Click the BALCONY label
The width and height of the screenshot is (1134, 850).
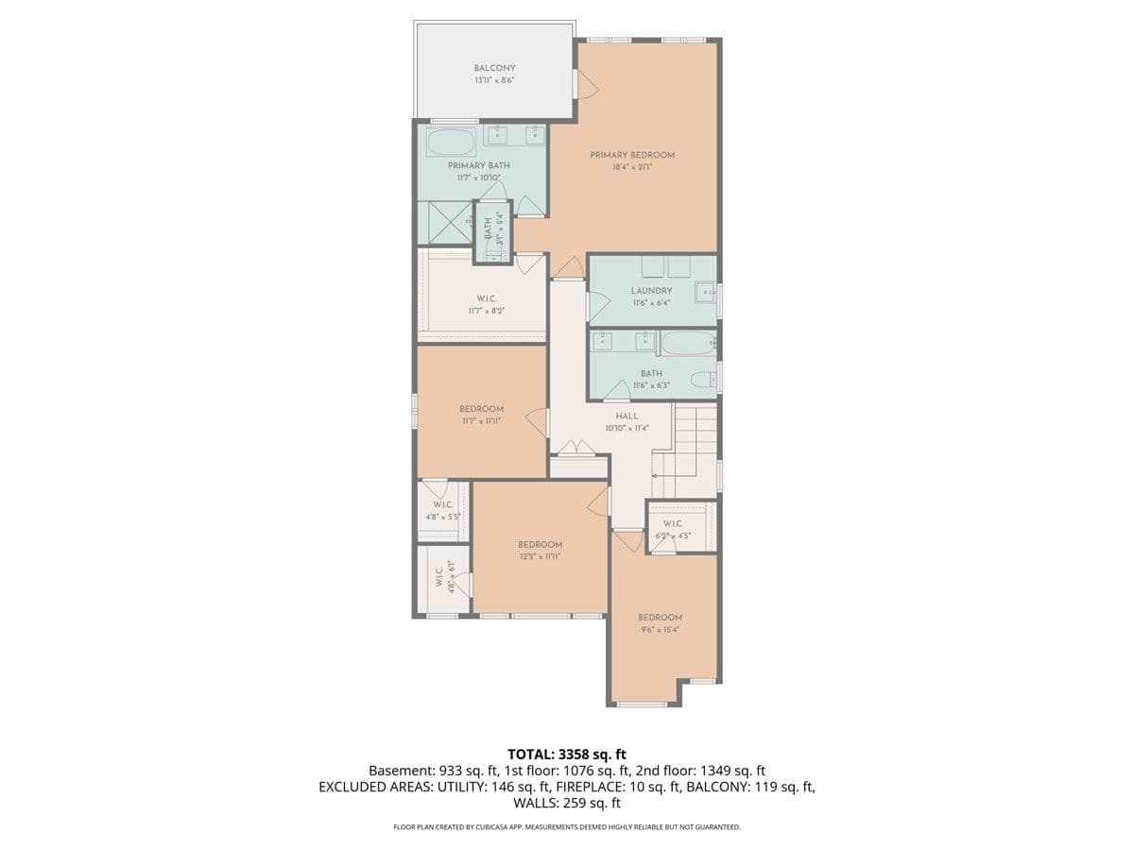494,68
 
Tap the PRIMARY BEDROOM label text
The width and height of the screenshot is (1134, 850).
632,155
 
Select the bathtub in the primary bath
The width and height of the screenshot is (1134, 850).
451,143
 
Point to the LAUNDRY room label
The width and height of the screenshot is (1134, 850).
651,291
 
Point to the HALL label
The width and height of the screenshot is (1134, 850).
627,416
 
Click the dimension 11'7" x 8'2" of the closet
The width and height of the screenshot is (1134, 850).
481,311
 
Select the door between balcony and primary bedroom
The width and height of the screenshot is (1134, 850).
586,83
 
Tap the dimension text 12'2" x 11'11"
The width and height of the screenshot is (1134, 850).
540,556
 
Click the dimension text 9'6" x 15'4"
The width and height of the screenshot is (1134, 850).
660,629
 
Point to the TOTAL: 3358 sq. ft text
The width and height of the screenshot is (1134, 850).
567,754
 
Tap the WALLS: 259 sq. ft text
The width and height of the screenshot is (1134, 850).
567,803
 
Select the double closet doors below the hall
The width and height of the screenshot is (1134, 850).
577,449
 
